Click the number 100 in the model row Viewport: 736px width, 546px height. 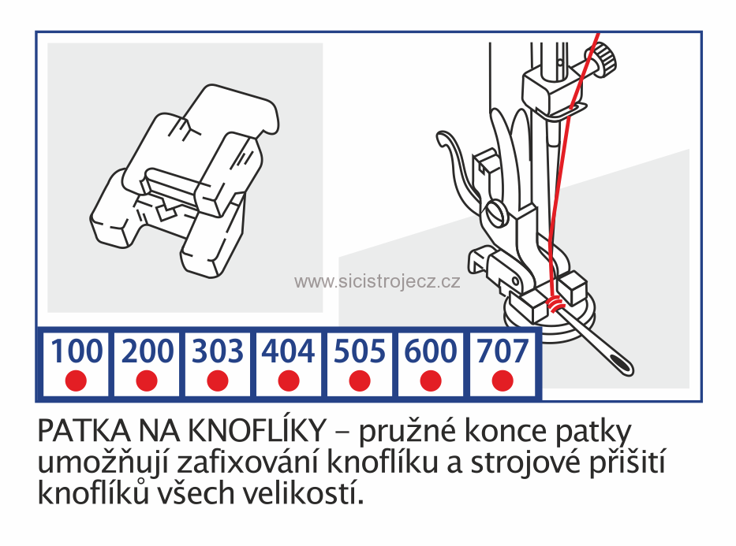point(76,351)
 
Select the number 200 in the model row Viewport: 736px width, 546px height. point(147,351)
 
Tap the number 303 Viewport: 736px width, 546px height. point(218,351)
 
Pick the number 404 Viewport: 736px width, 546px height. point(289,351)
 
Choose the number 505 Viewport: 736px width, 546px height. point(360,351)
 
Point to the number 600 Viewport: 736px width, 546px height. point(431,351)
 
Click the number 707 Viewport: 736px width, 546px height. point(502,351)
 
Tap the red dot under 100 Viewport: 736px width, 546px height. point(76,381)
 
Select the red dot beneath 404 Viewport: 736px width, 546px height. point(289,381)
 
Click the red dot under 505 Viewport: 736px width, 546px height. point(360,381)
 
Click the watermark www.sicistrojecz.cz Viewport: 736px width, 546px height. point(377,282)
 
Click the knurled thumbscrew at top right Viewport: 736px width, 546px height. point(605,58)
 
